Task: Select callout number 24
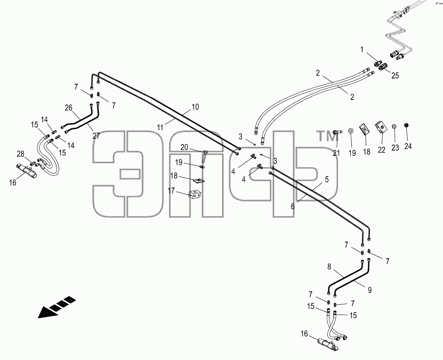(x=408, y=146)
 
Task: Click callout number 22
(x=381, y=150)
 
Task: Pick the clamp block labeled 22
(x=381, y=128)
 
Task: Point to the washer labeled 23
(x=395, y=126)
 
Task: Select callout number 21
(x=336, y=153)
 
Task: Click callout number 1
(x=362, y=50)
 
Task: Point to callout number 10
(x=195, y=107)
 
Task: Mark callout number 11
(x=160, y=128)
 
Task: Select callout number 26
(x=68, y=107)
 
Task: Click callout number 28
(x=20, y=154)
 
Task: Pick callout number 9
(x=370, y=290)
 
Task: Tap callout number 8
(x=329, y=267)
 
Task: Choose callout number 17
(x=171, y=191)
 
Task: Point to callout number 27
(x=96, y=136)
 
